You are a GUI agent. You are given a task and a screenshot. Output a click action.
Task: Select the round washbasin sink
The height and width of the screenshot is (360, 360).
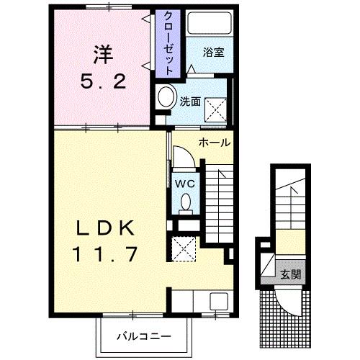point(166,96)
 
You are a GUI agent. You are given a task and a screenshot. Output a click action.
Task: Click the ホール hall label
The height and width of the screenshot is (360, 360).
point(215,142)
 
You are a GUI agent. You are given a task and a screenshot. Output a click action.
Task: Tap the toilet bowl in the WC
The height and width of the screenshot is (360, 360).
point(185,201)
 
